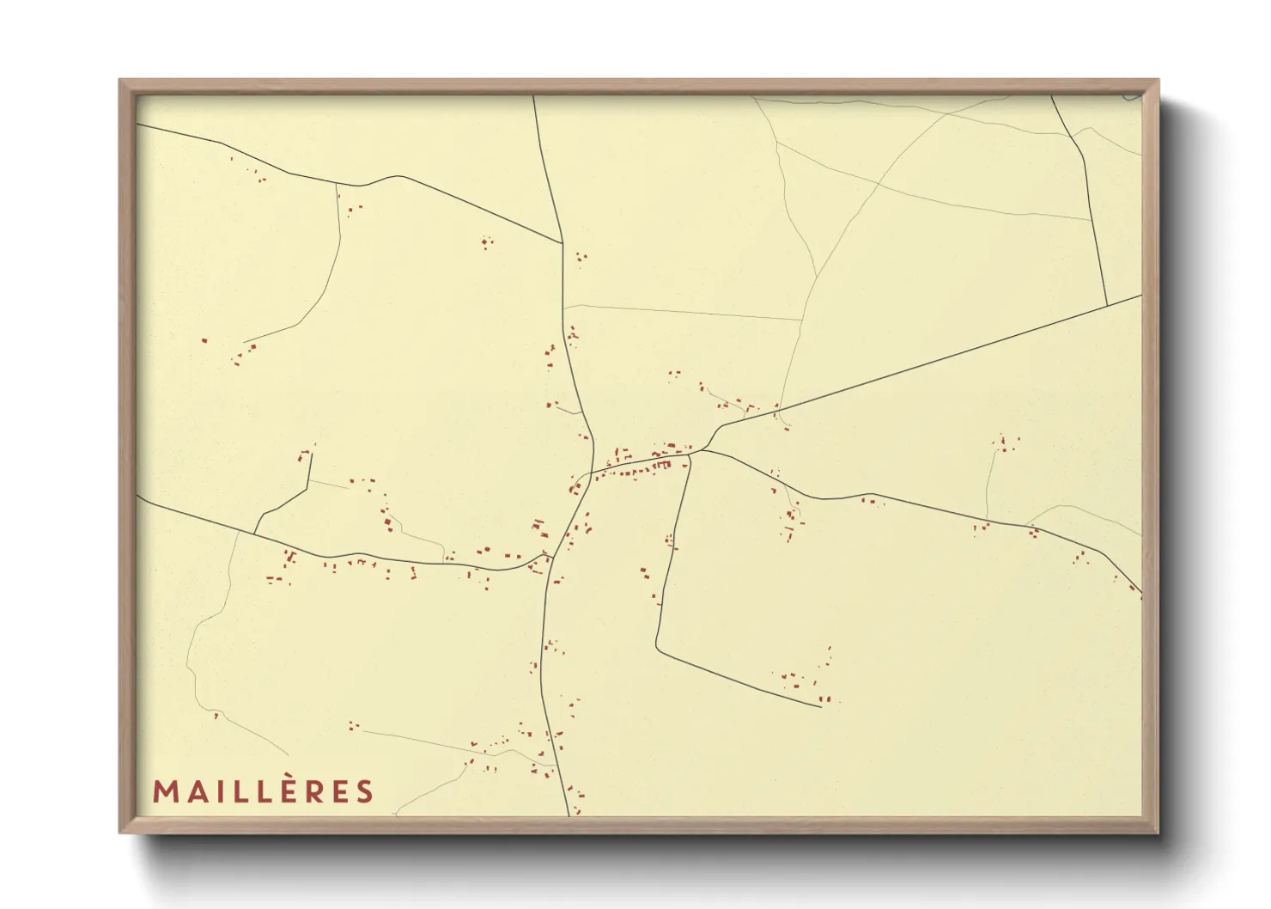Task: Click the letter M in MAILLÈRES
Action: click(x=165, y=791)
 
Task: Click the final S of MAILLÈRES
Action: click(x=364, y=791)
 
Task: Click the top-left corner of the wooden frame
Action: click(x=120, y=81)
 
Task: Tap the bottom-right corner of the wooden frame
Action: click(x=1158, y=832)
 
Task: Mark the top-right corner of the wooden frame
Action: click(x=1158, y=81)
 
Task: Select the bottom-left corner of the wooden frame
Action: click(x=120, y=832)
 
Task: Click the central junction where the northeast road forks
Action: click(x=702, y=449)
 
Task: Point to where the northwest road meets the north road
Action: click(x=563, y=243)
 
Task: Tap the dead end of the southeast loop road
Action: click(x=821, y=706)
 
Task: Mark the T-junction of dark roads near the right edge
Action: click(x=1107, y=304)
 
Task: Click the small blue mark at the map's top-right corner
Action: click(x=1131, y=97)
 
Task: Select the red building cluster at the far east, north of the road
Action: click(x=1005, y=444)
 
